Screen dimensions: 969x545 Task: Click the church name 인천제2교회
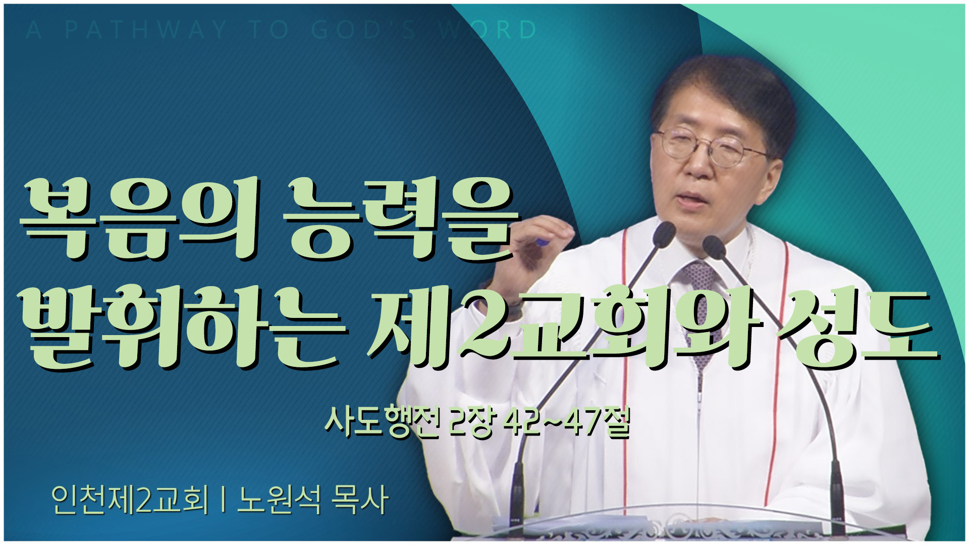point(130,500)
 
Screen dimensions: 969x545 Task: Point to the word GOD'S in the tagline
point(363,30)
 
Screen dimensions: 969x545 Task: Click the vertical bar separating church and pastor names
point(223,500)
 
